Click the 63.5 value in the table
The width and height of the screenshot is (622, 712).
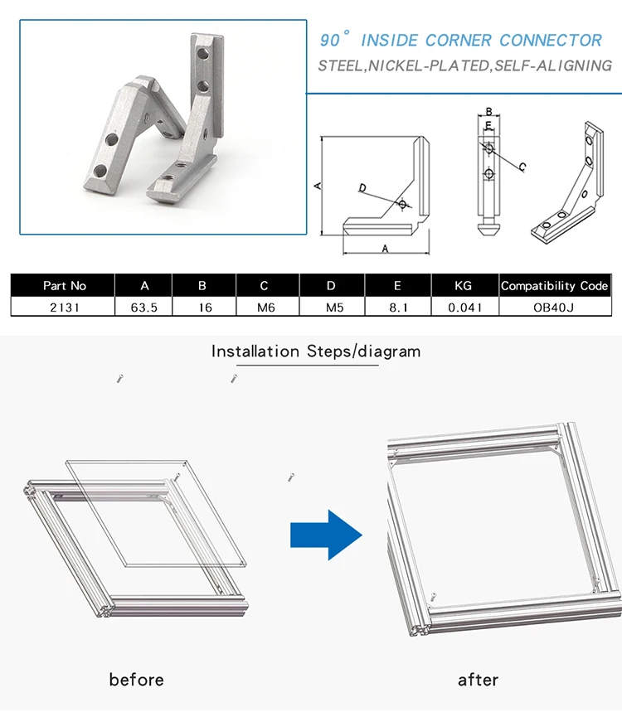click(x=144, y=308)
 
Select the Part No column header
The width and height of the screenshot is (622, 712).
click(x=65, y=286)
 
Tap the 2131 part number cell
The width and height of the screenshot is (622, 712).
click(x=65, y=308)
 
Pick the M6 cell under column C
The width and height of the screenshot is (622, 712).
click(x=265, y=308)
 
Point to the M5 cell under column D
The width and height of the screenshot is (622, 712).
click(x=334, y=308)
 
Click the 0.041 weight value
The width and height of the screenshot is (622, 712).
click(x=464, y=308)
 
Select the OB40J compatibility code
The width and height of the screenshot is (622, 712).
click(x=553, y=308)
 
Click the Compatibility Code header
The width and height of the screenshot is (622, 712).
click(x=554, y=286)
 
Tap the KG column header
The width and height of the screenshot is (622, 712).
click(x=463, y=286)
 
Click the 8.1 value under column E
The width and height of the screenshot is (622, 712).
click(x=398, y=308)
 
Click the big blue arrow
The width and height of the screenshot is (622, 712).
click(x=326, y=535)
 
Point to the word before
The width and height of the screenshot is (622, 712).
click(x=136, y=680)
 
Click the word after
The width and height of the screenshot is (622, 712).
click(x=478, y=680)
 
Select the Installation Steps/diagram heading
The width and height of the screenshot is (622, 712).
click(x=316, y=351)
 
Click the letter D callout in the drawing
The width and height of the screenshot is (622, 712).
click(x=362, y=188)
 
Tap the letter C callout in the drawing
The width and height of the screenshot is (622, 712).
click(x=522, y=167)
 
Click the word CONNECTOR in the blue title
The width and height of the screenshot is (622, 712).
click(x=551, y=41)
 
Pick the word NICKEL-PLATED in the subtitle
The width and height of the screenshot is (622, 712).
click(x=429, y=65)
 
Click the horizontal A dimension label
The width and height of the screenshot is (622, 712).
click(x=386, y=249)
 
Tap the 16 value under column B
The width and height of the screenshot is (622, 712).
click(x=206, y=308)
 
